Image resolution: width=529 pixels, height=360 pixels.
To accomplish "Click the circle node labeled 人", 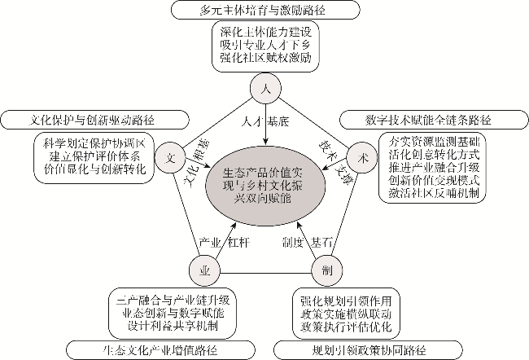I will click(264, 89).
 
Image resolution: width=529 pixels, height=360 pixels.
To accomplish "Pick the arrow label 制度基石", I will click(307, 242).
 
